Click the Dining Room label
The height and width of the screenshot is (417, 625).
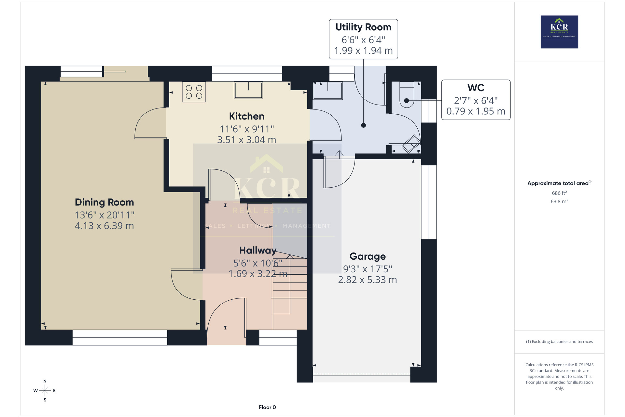click(x=104, y=202)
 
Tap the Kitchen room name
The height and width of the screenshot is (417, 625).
click(x=247, y=116)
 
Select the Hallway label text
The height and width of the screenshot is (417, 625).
click(x=258, y=250)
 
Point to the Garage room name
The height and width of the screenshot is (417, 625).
click(x=368, y=256)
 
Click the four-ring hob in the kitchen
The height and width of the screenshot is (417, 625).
click(x=194, y=92)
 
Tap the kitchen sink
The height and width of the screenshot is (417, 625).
click(x=248, y=90)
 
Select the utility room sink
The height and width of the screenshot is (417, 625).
click(x=328, y=91)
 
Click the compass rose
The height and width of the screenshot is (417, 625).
click(x=45, y=390)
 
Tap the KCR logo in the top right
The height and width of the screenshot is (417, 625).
click(x=559, y=32)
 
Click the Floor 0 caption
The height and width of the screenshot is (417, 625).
click(x=267, y=407)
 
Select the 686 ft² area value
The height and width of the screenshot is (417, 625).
click(x=559, y=193)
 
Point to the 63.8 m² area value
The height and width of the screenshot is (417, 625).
click(x=559, y=201)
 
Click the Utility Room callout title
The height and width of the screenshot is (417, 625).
click(x=363, y=27)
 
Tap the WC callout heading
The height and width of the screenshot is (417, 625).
click(x=476, y=88)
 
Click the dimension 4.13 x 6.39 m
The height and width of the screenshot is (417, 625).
click(x=104, y=226)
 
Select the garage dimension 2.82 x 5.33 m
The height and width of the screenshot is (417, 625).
click(x=368, y=280)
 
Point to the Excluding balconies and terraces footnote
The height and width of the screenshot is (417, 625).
click(x=559, y=342)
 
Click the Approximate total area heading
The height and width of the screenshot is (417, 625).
click(x=559, y=183)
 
